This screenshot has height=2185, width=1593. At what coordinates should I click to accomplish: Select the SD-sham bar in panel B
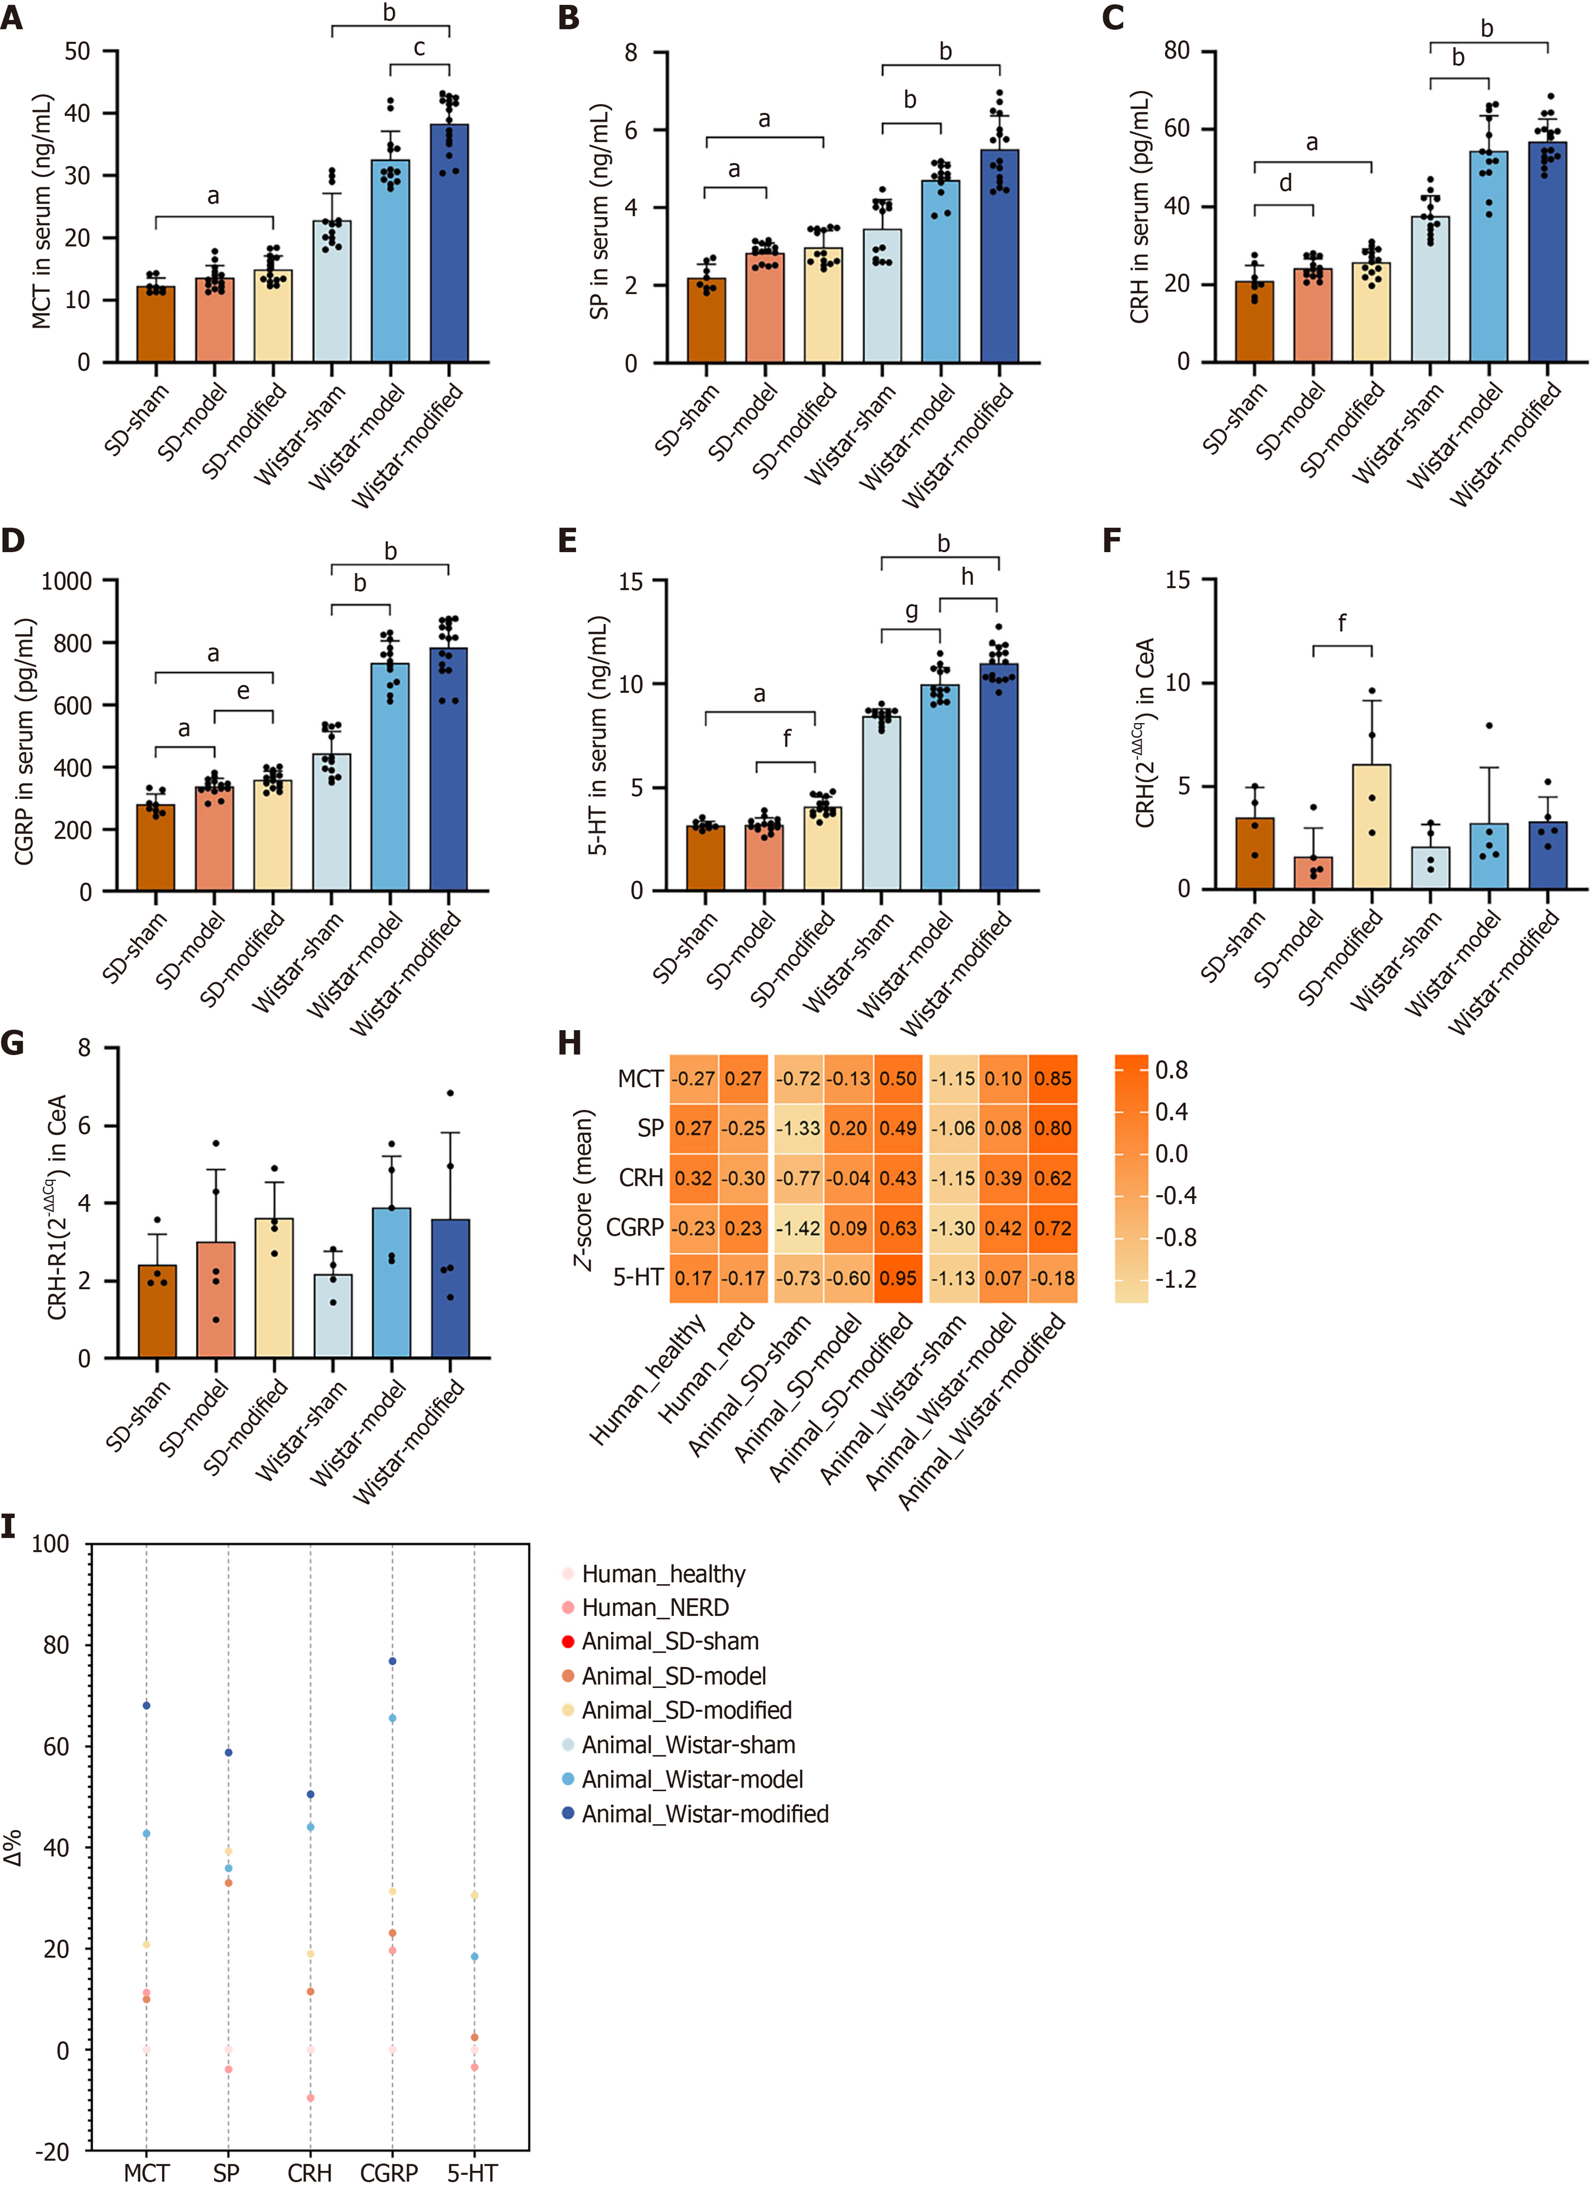click(707, 320)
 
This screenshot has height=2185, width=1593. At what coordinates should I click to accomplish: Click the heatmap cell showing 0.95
click(898, 1278)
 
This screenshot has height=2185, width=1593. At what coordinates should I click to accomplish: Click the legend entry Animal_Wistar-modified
click(705, 1814)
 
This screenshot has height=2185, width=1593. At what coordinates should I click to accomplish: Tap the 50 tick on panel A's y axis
click(77, 51)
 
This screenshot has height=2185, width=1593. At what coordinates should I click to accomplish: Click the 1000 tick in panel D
click(66, 581)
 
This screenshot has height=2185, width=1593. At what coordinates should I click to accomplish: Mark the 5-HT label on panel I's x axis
click(472, 2173)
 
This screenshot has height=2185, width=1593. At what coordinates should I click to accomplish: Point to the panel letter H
click(570, 1043)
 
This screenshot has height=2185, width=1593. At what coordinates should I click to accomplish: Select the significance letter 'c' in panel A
click(419, 48)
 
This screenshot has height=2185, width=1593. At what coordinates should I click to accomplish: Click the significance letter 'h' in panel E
click(967, 577)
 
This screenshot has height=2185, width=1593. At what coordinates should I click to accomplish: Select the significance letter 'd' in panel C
click(1285, 183)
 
